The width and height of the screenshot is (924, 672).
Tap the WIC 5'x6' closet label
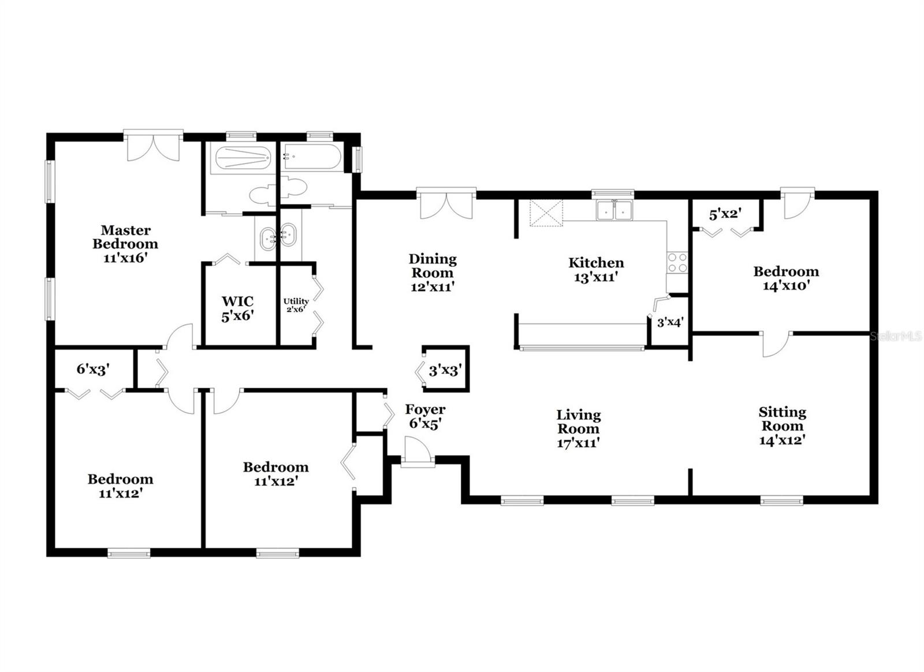237,309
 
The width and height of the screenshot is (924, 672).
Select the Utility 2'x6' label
296,305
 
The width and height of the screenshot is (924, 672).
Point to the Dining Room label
432,273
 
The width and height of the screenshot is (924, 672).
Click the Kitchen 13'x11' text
596,270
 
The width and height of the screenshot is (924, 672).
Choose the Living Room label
578,429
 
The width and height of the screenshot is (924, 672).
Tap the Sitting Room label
782,426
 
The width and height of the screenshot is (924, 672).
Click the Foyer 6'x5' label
425,416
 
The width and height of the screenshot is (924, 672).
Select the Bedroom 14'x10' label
785,278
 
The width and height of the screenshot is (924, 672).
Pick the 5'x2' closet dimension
725,214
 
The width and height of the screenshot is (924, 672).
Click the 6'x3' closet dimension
93,369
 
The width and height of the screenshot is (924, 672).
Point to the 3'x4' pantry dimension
670,322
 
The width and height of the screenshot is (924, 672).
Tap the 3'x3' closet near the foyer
444,370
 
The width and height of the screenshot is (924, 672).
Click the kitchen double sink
614,210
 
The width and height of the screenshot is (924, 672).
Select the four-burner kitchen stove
677,263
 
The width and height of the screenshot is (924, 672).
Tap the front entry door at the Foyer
417,451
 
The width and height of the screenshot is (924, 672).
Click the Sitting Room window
781,500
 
